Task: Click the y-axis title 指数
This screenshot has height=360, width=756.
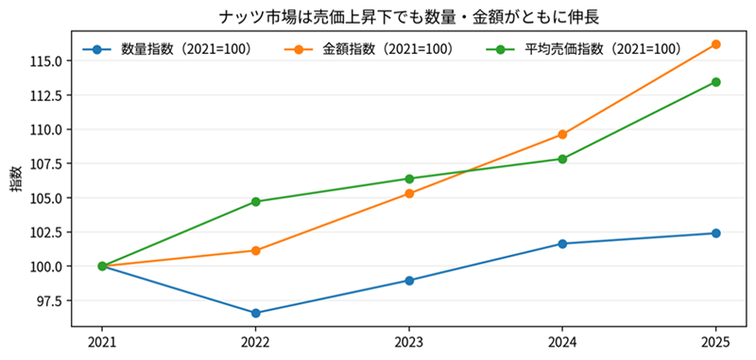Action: coord(16,180)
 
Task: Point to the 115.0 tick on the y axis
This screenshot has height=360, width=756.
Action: coord(46,61)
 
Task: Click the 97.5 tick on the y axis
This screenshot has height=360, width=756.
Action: coord(49,300)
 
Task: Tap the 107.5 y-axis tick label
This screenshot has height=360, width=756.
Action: coord(46,163)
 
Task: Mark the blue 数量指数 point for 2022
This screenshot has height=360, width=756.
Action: coord(256,313)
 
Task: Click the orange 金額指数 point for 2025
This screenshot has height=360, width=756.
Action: coord(715,44)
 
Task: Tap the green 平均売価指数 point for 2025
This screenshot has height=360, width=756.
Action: coord(715,82)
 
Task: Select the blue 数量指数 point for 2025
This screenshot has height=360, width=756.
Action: coord(715,233)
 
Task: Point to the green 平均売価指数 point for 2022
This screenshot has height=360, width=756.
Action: coord(256,201)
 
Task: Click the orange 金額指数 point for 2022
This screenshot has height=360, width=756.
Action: coord(256,250)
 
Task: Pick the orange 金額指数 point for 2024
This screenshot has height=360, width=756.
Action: coord(562,134)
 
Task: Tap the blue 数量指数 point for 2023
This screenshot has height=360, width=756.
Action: coord(409,281)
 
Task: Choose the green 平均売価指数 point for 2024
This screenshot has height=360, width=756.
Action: coord(562,159)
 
